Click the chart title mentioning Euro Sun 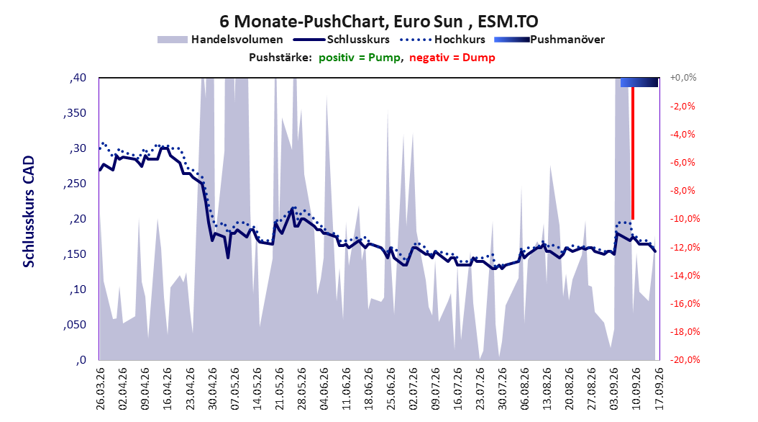pos(378,22)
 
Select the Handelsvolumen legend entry pos(220,40)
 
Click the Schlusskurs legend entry pos(342,40)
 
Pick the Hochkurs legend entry pos(442,40)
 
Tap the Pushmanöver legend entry pos(549,40)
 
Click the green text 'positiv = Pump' pos(359,58)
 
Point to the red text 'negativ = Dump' pos(452,58)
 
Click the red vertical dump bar pos(632,153)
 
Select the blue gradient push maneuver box pos(639,82)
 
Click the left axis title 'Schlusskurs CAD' pos(29,212)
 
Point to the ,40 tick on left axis pos(78,78)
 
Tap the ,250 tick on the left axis pos(75,184)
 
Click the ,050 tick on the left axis pos(75,325)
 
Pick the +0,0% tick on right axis pos(683,78)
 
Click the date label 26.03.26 pos(101,389)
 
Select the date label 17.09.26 pos(659,389)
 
